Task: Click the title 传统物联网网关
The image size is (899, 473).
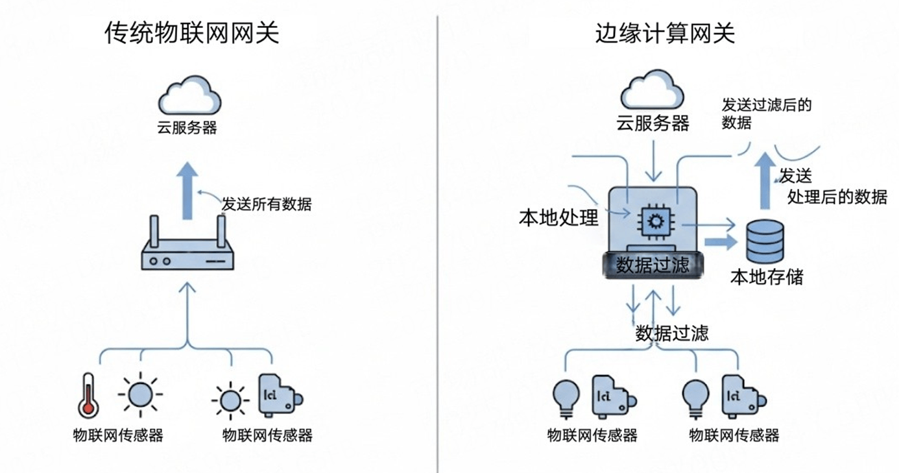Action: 192,32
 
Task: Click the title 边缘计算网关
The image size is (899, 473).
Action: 665,32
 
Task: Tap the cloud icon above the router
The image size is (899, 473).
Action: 189,95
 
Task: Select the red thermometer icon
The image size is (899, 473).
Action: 88,396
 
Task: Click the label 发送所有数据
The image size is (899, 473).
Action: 267,204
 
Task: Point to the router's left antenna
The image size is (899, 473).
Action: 154,232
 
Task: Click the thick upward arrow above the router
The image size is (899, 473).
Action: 187,190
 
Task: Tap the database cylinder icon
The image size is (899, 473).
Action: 765,241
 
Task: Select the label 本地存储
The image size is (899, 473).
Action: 767,277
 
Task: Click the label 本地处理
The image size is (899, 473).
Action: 558,217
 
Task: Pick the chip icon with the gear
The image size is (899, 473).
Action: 656,221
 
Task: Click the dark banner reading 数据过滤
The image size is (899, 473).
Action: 653,265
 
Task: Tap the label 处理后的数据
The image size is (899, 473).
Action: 837,197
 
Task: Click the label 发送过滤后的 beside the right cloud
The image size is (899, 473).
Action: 767,105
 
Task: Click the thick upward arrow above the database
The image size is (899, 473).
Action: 765,180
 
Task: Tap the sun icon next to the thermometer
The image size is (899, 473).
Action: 140,394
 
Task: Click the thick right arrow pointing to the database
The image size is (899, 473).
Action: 721,242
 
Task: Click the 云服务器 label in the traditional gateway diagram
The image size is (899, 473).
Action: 187,127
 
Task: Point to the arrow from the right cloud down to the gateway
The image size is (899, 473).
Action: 654,161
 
